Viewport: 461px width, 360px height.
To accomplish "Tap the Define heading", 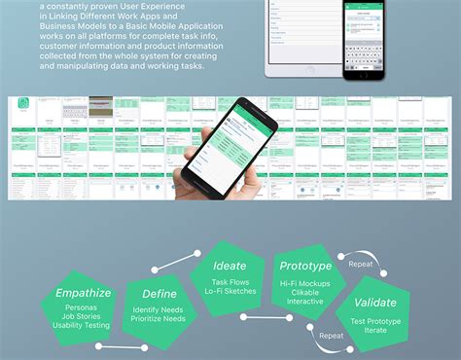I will point(159,294).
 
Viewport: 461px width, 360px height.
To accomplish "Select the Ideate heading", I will point(230,265).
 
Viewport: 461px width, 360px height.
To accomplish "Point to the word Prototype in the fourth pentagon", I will point(305,266).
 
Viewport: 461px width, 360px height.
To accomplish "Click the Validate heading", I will point(375,302).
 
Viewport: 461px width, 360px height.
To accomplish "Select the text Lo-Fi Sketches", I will point(230,289).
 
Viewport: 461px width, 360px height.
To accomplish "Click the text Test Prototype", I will point(375,320).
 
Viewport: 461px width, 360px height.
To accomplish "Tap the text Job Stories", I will point(82,315).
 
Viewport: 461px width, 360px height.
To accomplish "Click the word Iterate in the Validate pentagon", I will point(375,331).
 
